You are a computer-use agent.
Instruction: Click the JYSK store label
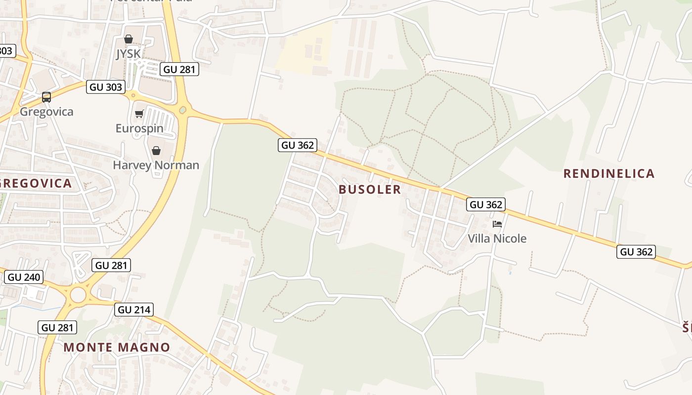point(129,53)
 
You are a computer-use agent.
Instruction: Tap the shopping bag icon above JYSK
point(129,39)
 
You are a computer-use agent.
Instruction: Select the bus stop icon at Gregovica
point(46,97)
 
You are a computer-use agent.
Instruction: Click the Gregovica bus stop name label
point(46,112)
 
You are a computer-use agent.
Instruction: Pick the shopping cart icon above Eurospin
point(139,114)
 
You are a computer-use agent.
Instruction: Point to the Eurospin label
point(139,128)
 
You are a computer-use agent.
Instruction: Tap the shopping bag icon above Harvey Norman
point(156,151)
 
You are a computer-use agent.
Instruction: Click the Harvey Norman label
point(156,165)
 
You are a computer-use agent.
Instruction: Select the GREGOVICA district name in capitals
point(36,184)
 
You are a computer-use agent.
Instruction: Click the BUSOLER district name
point(370,190)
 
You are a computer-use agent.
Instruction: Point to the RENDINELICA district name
point(609,174)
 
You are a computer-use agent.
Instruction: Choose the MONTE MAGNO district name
point(117,347)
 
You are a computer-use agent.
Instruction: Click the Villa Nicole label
point(497,238)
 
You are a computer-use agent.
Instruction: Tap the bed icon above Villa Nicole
point(497,224)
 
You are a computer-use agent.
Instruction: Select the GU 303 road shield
point(105,87)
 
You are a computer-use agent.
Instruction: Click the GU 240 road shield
point(24,277)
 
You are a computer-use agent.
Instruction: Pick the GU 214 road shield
point(134,310)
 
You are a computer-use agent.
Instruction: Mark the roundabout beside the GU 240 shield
point(78,295)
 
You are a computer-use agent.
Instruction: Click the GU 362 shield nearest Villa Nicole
point(486,204)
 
